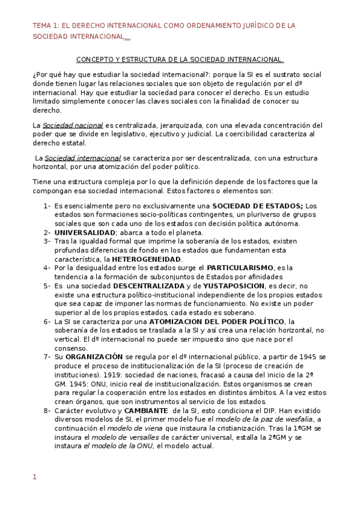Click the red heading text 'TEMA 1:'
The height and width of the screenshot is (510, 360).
[x=46, y=26]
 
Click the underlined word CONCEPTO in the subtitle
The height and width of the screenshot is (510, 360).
[x=94, y=60]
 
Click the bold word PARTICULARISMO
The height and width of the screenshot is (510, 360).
[x=240, y=267]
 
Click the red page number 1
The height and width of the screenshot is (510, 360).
[x=34, y=477]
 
